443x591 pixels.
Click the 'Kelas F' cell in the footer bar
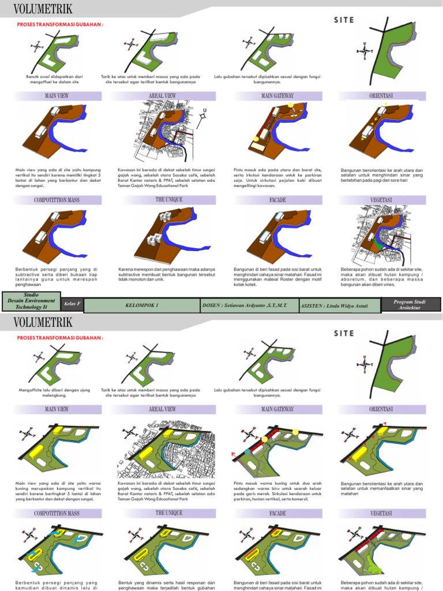point(72,304)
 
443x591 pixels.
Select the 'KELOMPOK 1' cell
point(141,304)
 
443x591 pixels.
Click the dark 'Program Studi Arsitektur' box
point(411,305)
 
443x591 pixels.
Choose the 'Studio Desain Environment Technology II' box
point(31,302)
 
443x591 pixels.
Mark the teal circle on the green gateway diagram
point(248,451)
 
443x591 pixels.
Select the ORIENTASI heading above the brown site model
point(381,96)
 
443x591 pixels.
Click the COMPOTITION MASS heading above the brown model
point(57,200)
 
